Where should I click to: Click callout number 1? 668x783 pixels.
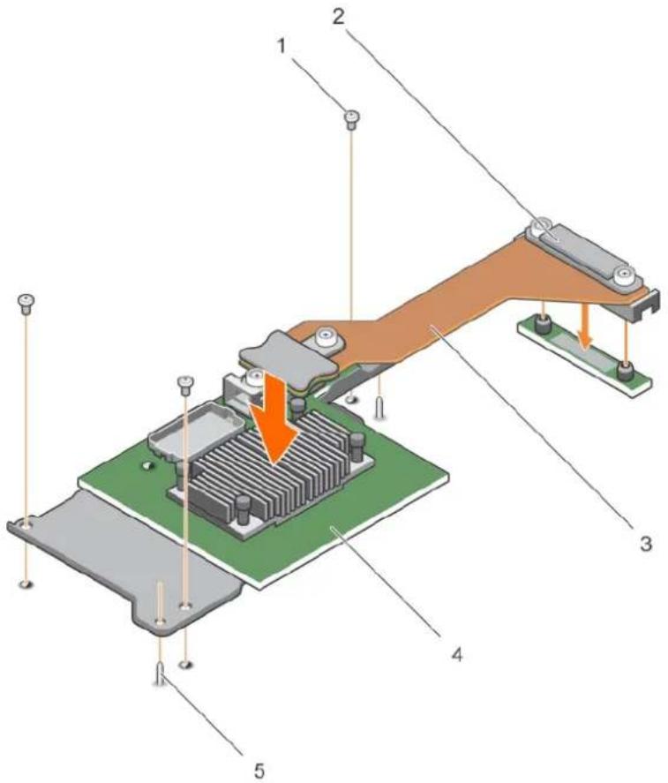tap(282, 47)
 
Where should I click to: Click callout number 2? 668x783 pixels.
tap(339, 17)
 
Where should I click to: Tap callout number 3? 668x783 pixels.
tap(646, 543)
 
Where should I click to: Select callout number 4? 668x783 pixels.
tap(457, 653)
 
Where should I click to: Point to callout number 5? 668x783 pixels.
tap(259, 770)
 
